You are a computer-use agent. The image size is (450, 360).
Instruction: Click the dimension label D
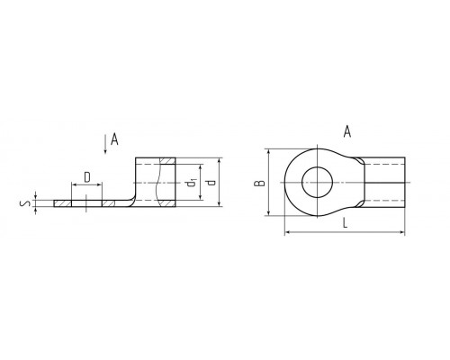87,177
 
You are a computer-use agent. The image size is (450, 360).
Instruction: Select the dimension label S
25,203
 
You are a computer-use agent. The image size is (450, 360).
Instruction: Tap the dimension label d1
191,182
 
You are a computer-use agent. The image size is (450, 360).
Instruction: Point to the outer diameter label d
211,183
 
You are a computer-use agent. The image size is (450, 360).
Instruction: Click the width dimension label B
259,183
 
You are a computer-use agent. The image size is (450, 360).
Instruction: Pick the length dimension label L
345,223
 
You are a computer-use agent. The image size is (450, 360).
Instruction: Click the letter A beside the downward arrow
114,139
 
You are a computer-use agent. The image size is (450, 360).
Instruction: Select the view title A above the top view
347,131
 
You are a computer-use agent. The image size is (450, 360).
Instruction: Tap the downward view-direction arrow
105,144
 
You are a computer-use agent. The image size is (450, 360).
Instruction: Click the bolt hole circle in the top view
317,167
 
